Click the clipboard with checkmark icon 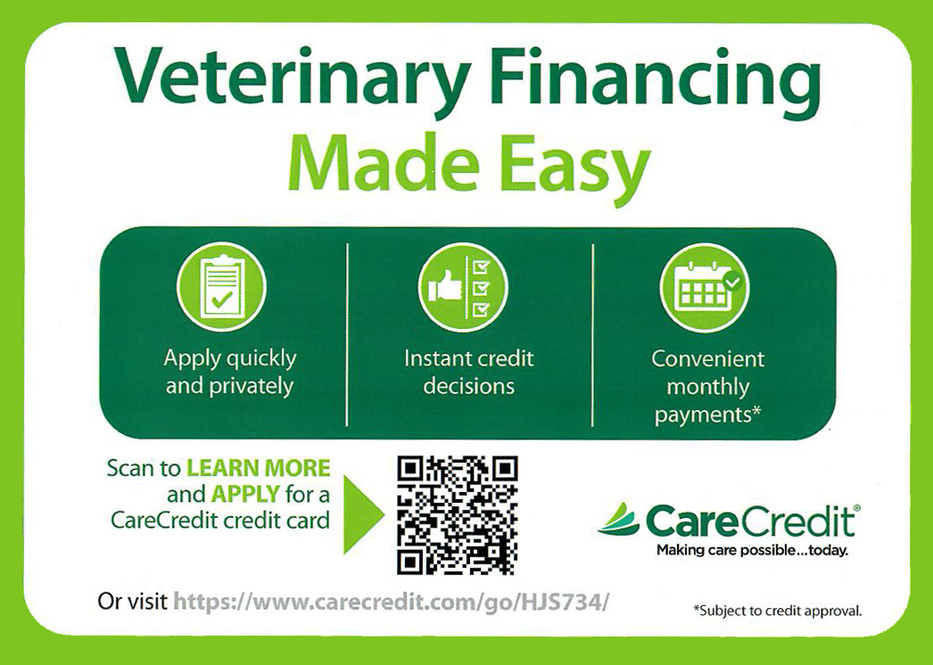[221, 287]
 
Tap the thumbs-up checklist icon [462, 287]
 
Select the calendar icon [704, 287]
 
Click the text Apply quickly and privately [229, 373]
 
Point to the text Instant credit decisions [468, 373]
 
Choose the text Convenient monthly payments [707, 387]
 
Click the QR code [457, 514]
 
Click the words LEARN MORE [258, 468]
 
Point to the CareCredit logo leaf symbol [618, 519]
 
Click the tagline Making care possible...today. [752, 550]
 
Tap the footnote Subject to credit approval [778, 611]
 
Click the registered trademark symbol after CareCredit [857, 507]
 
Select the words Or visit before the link [132, 602]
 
